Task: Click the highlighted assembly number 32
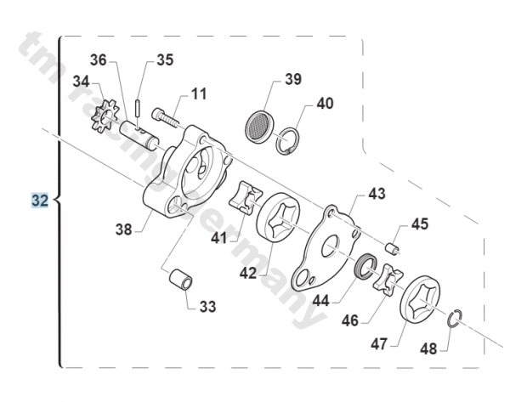coord(40,200)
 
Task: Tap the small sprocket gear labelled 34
coord(105,117)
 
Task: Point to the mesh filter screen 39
coord(259,126)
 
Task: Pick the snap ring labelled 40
coord(287,141)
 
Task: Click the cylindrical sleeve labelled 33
coord(180,279)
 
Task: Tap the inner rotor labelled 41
coord(246,198)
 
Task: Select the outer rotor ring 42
coord(279,216)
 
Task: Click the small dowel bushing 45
coord(391,249)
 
